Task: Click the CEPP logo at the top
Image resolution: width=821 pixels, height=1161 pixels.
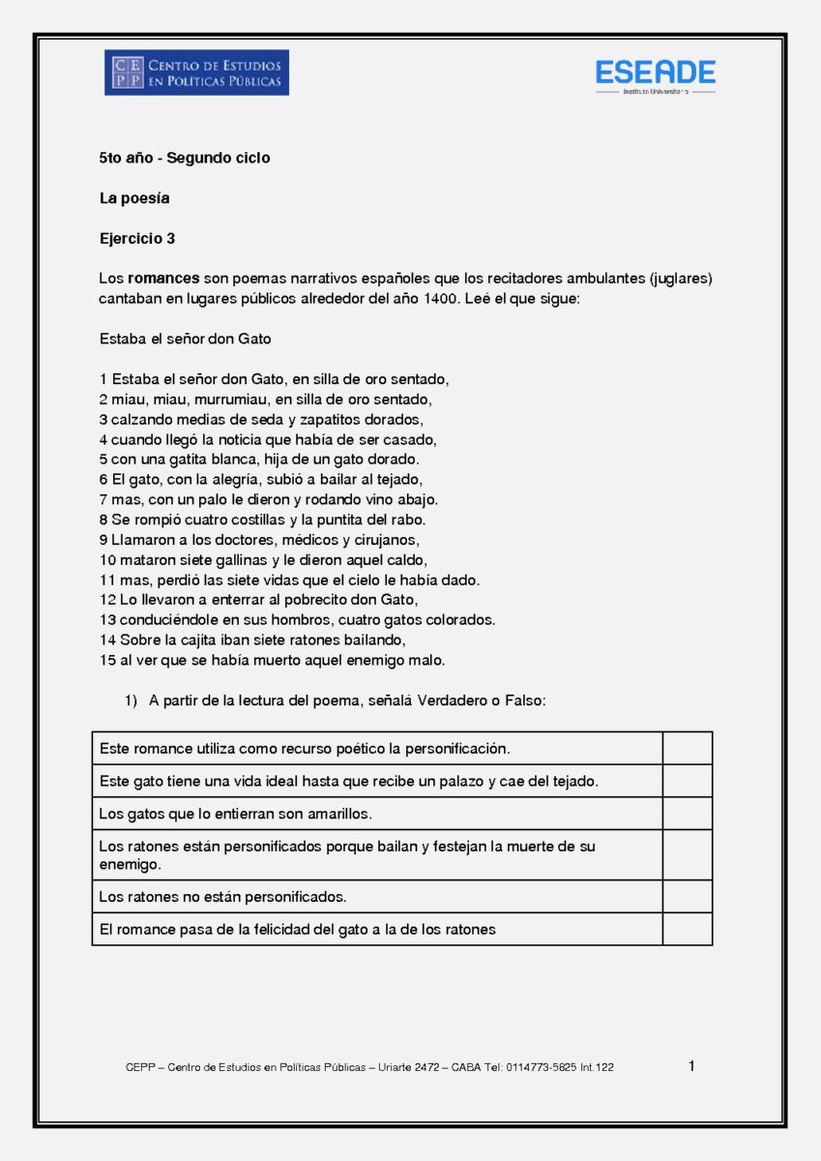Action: click(x=196, y=73)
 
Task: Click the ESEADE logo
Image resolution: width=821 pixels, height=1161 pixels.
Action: click(x=655, y=74)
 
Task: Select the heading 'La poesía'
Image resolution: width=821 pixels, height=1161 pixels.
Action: click(x=134, y=198)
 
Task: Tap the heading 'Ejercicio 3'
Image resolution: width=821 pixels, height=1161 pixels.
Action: click(x=137, y=238)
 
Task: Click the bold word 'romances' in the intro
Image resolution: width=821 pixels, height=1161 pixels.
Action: click(x=163, y=279)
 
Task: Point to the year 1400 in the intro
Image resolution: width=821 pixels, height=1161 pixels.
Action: click(x=441, y=299)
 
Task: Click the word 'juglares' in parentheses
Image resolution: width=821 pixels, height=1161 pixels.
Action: click(x=680, y=279)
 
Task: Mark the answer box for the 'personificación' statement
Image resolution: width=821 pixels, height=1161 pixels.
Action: click(x=687, y=749)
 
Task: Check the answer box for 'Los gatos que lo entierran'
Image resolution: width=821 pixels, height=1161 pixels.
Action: click(x=687, y=814)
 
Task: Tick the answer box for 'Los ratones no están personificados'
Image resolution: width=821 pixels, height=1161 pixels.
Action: click(x=687, y=897)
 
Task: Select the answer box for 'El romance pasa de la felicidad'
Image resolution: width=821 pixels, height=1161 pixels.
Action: click(x=687, y=930)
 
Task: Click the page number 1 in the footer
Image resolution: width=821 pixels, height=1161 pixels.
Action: click(x=691, y=1066)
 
